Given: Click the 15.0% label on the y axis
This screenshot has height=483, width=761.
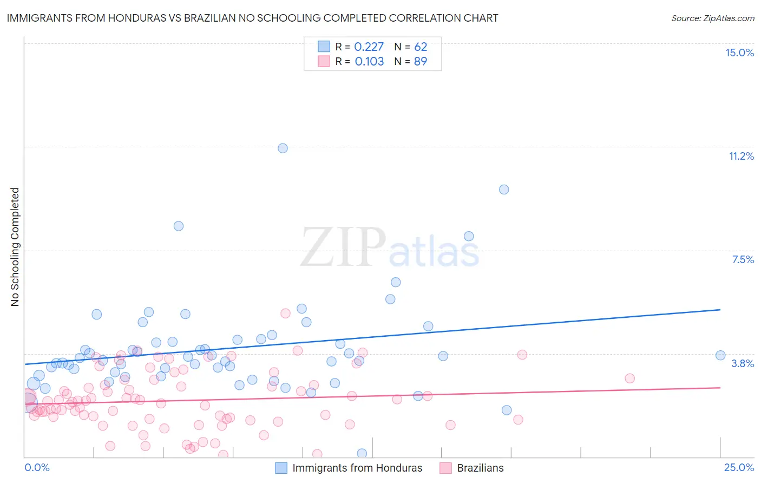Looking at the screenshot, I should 739,53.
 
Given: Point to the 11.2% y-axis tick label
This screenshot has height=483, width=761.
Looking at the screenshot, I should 741,156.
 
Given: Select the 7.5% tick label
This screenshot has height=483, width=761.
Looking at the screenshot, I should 743,259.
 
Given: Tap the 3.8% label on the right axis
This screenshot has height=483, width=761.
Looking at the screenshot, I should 743,363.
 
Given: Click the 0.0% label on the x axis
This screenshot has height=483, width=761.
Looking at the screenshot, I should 37,467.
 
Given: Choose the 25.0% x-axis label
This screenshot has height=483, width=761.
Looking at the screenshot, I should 739,467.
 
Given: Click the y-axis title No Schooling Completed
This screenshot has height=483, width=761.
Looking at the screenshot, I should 15,247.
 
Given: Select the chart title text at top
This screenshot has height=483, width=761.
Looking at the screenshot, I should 252,18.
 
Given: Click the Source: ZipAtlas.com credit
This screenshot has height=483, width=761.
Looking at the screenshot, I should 712,18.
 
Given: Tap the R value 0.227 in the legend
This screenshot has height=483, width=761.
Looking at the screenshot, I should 369,47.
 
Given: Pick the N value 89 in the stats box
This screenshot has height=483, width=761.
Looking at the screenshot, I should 421,62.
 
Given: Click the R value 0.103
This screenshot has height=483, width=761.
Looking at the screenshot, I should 369,62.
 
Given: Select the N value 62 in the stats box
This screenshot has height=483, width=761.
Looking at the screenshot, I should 421,47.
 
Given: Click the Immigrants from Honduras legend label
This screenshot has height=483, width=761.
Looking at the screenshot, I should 357,468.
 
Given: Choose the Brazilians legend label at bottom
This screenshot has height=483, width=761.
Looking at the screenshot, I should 480,468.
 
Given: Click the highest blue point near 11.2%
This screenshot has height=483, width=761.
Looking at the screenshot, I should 283,148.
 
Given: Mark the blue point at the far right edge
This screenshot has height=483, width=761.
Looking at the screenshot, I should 720,355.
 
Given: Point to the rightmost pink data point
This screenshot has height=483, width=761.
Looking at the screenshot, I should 629,378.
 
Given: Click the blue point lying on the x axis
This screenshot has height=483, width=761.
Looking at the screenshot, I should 362,453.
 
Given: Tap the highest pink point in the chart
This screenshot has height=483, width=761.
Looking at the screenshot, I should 286,313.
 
